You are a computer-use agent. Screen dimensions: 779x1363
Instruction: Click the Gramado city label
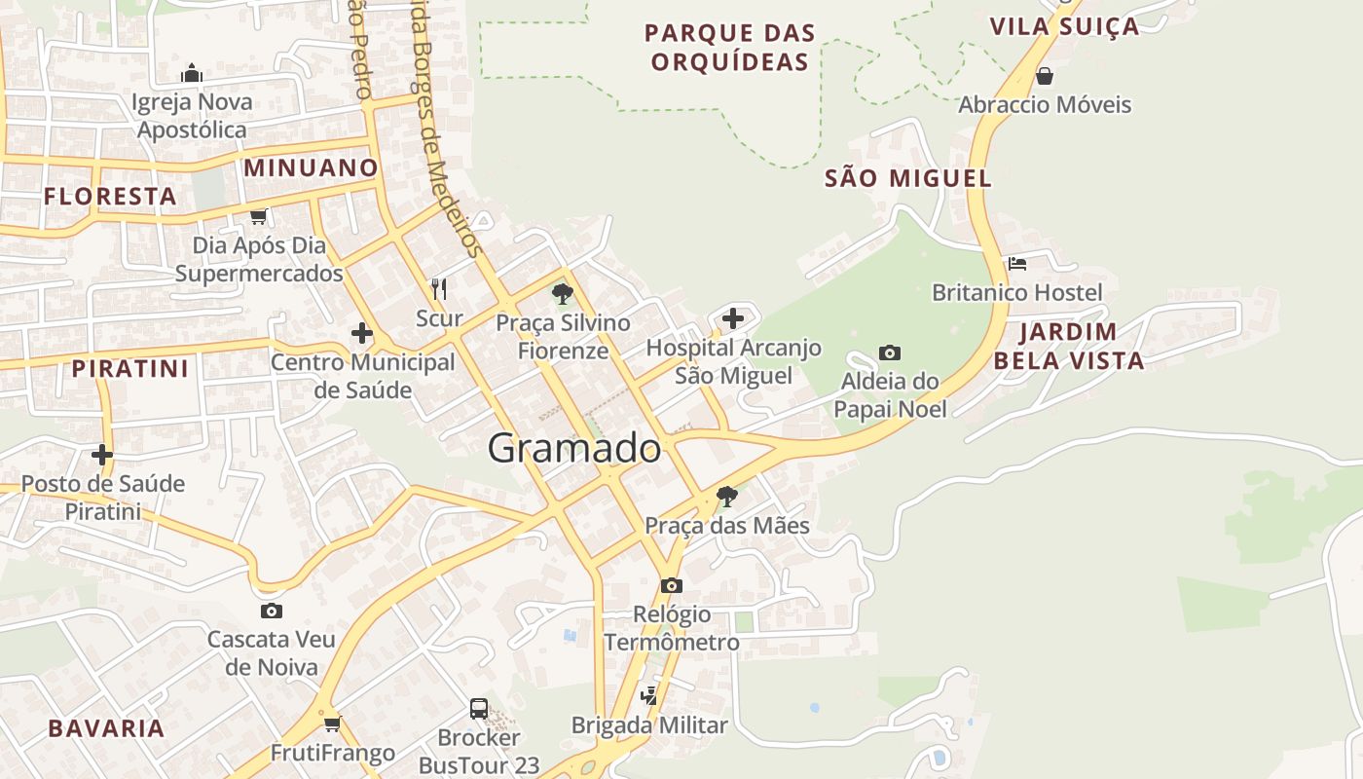pyautogui.click(x=574, y=449)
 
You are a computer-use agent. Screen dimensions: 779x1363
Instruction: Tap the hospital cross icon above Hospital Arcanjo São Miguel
pyautogui.click(x=733, y=317)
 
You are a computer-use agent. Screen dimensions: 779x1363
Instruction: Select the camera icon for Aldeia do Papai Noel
pyautogui.click(x=889, y=352)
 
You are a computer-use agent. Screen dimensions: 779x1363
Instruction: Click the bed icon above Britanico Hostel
pyautogui.click(x=1017, y=263)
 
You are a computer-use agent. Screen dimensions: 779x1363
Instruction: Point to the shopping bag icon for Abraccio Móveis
pyautogui.click(x=1045, y=75)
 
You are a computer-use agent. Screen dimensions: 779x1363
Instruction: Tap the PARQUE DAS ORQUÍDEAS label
pyautogui.click(x=729, y=48)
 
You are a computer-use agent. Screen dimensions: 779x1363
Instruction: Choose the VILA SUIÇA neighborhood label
pyautogui.click(x=1064, y=26)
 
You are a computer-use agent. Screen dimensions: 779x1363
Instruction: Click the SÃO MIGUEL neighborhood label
pyautogui.click(x=907, y=178)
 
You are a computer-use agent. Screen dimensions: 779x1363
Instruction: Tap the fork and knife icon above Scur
pyautogui.click(x=439, y=288)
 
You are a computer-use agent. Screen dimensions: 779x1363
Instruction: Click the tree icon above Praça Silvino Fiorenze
pyautogui.click(x=562, y=293)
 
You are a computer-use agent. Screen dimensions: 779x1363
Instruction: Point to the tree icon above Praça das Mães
pyautogui.click(x=726, y=497)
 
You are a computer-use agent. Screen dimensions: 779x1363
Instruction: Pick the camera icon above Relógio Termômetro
pyautogui.click(x=671, y=585)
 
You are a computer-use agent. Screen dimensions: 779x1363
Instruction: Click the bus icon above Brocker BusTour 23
pyautogui.click(x=479, y=708)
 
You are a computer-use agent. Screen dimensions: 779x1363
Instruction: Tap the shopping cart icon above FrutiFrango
pyautogui.click(x=332, y=723)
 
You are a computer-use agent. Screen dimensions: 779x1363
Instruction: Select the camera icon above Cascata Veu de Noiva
pyautogui.click(x=272, y=611)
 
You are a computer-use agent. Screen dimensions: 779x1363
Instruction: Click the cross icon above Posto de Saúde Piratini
pyautogui.click(x=102, y=454)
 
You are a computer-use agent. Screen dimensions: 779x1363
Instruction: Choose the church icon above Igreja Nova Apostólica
pyautogui.click(x=192, y=73)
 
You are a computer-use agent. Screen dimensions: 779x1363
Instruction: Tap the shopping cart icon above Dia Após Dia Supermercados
pyautogui.click(x=258, y=216)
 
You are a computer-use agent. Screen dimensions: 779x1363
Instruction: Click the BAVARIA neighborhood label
pyautogui.click(x=106, y=728)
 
